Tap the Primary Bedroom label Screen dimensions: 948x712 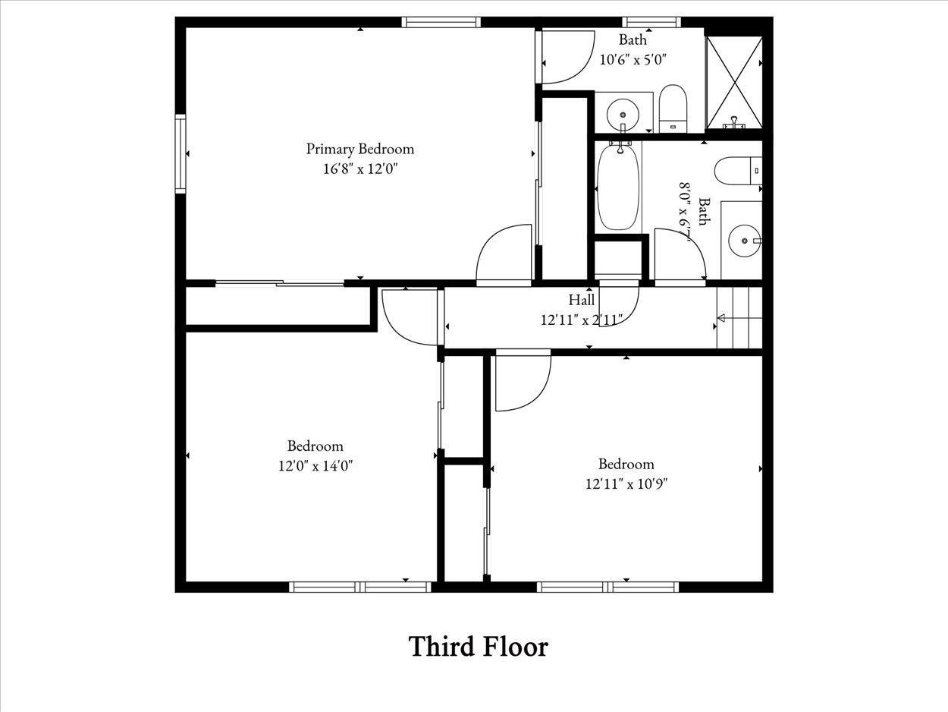pyautogui.click(x=360, y=149)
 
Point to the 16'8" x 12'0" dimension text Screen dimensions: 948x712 pyautogui.click(x=360, y=169)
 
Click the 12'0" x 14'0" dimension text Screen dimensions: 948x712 pyautogui.click(x=315, y=466)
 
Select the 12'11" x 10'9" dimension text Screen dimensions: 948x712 pyautogui.click(x=626, y=484)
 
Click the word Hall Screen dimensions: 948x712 pyautogui.click(x=582, y=300)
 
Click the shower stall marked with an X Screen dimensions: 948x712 pyautogui.click(x=734, y=83)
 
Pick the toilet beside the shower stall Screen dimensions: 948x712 pyautogui.click(x=673, y=109)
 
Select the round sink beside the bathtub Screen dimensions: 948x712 pyautogui.click(x=623, y=114)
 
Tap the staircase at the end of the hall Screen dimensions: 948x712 pyautogui.click(x=739, y=318)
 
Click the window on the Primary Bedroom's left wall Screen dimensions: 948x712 pyautogui.click(x=180, y=153)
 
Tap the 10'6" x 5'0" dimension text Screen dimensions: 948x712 pyautogui.click(x=633, y=59)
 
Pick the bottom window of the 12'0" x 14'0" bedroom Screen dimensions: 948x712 pyautogui.click(x=360, y=587)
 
